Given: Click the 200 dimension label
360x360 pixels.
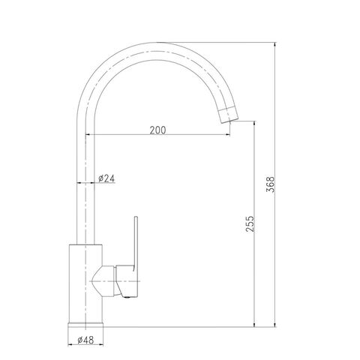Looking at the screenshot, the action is (x=157, y=130).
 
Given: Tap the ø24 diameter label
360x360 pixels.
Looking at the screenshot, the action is (x=106, y=178).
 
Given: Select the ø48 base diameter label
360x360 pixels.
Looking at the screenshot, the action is (x=85, y=340).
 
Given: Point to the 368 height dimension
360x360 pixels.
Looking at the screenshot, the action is (x=270, y=184).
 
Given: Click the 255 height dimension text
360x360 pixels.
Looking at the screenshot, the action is (x=250, y=223).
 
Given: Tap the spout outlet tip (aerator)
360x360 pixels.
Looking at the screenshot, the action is (x=227, y=114).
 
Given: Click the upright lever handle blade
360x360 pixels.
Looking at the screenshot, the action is (x=136, y=242).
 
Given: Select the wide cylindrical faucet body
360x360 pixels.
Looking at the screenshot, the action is (x=85, y=283).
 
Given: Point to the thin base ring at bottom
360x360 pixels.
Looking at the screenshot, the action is (x=85, y=325).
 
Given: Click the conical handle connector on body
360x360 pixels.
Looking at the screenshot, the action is (x=103, y=281).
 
